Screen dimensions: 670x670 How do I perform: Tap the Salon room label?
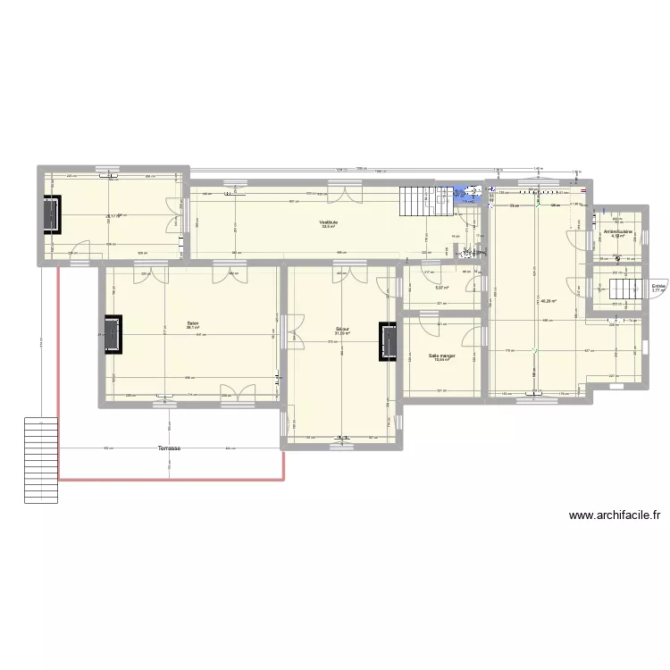pos(192,323)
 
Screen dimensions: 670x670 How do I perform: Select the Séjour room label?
pos(342,329)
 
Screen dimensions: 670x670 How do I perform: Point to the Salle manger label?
pos(441,356)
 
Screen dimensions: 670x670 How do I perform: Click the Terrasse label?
pos(169,448)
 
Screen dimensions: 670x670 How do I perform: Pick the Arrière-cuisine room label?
pos(618,231)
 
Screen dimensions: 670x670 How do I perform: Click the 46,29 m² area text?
pos(549,301)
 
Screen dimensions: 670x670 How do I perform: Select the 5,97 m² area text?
pos(441,288)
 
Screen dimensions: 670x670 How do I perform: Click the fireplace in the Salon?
pos(113,334)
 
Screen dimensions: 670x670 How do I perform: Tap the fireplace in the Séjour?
pos(388,341)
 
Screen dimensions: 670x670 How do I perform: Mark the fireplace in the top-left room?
pos(52,215)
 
